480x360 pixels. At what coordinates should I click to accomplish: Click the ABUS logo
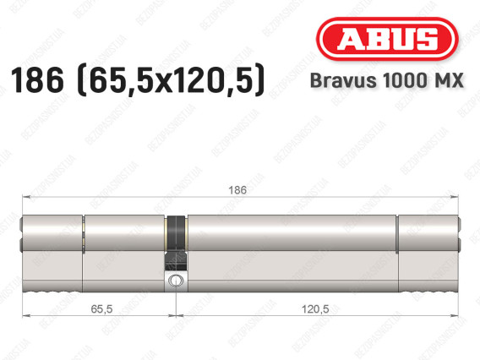[387, 39]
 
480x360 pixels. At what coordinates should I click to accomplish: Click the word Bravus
[343, 80]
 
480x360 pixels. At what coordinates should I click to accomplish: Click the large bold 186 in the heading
[37, 80]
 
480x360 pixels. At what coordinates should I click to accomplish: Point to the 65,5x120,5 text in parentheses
[172, 80]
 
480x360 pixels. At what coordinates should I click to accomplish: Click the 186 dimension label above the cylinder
[237, 190]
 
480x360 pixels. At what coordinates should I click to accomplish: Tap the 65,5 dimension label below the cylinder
[101, 309]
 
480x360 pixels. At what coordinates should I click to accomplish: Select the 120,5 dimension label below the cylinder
[315, 309]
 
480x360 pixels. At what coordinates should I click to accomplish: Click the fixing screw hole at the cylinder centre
[176, 280]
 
